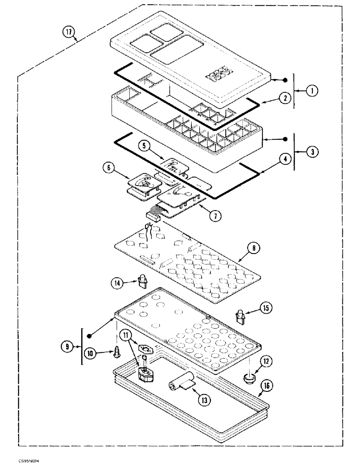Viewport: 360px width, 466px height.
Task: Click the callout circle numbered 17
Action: click(x=69, y=33)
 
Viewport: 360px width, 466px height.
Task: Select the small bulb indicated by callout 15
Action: click(x=241, y=316)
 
